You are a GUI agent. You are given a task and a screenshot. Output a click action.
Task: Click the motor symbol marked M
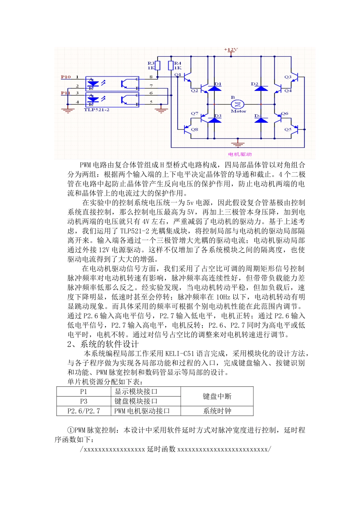tap(238, 104)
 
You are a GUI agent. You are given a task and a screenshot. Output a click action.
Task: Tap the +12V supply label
tap(231, 50)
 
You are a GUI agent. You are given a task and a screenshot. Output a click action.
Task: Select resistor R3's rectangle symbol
tap(158, 65)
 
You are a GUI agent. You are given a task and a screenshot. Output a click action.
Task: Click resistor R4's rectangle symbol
tap(171, 65)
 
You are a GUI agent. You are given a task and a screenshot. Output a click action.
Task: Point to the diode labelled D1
tap(215, 88)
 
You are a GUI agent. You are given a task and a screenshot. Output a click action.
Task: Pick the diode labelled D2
tap(261, 88)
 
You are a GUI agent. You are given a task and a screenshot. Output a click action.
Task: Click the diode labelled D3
tap(215, 120)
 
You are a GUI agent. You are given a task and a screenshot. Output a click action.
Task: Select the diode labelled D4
tap(261, 120)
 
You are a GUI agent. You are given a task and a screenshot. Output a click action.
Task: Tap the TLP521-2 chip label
tap(97, 110)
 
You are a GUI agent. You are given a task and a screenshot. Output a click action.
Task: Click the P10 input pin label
tap(66, 77)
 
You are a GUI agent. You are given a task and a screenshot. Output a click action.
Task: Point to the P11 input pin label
tap(66, 93)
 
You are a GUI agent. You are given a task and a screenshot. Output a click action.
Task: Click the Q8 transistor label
tap(194, 130)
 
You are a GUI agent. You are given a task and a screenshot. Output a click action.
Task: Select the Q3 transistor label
tap(288, 77)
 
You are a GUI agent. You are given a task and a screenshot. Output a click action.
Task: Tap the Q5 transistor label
tap(288, 130)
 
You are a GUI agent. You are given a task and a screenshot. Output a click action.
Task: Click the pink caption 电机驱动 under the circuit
tap(240, 154)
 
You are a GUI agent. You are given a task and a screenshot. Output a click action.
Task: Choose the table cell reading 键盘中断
tap(217, 397)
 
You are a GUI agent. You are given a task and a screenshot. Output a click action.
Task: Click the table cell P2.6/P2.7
tap(84, 411)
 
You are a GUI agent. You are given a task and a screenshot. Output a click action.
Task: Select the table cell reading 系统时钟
tap(217, 411)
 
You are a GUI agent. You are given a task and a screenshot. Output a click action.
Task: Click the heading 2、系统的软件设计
tap(103, 344)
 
